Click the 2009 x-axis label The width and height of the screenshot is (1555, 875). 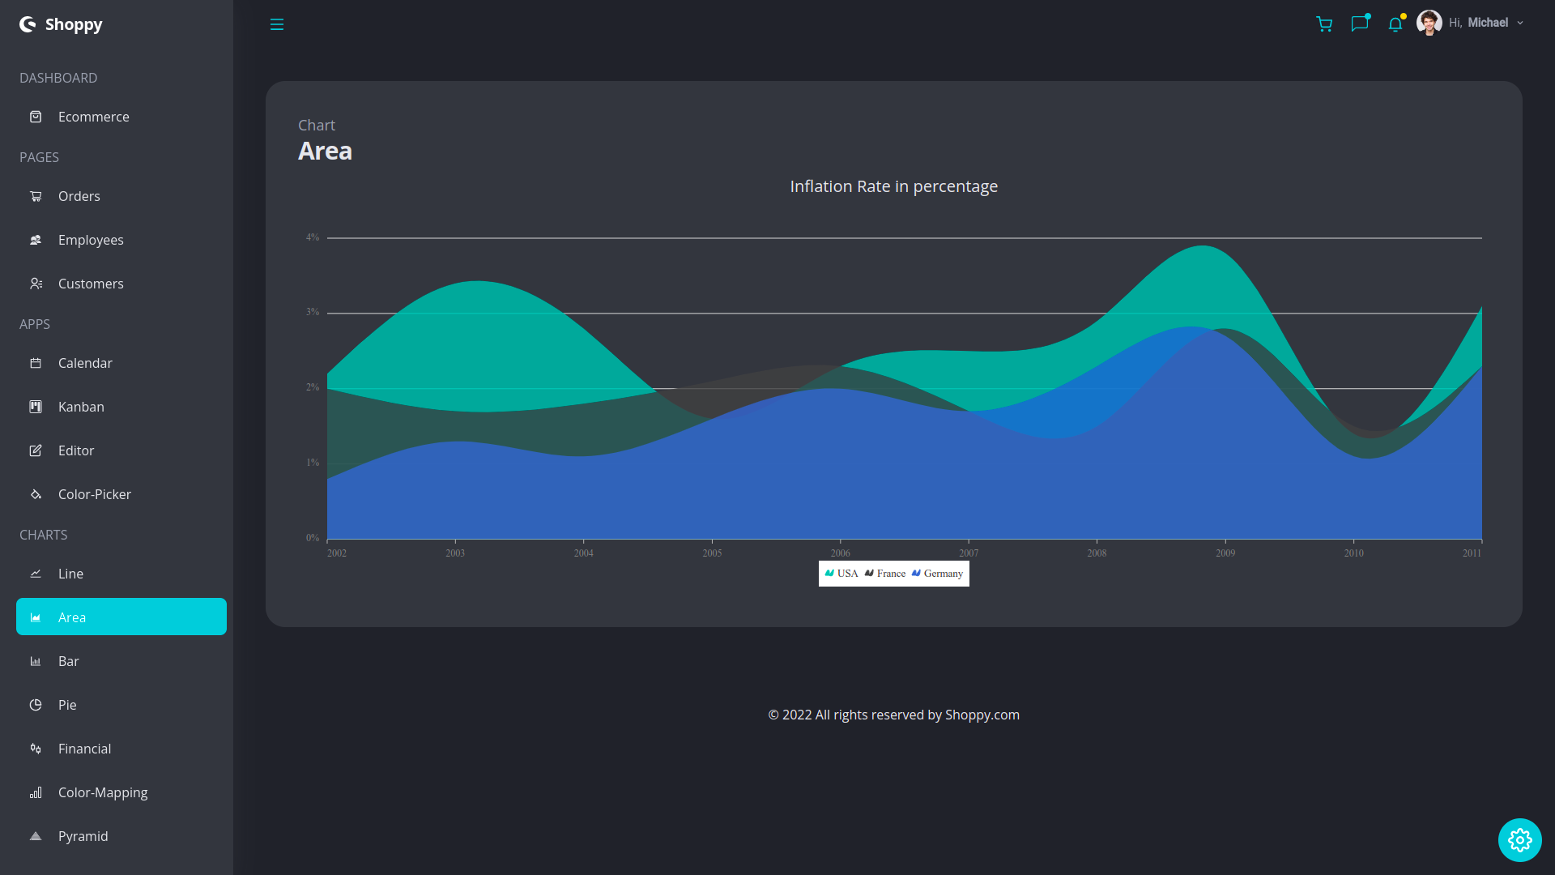1225,553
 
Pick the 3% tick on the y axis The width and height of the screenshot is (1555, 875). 313,312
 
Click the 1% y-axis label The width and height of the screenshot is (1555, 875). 313,463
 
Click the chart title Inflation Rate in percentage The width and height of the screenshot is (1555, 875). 893,186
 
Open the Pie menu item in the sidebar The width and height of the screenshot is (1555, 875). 67,705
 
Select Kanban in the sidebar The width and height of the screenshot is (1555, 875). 81,407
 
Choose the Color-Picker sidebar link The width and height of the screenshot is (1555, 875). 94,494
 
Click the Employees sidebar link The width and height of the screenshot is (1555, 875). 91,240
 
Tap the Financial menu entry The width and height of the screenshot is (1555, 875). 84,749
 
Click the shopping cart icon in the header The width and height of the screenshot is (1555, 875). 1324,23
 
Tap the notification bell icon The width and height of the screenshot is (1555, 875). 1395,23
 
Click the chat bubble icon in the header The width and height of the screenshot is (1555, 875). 1359,23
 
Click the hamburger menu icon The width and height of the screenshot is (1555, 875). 277,24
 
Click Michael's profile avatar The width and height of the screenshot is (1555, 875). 1429,23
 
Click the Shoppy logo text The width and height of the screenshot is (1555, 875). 73,24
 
